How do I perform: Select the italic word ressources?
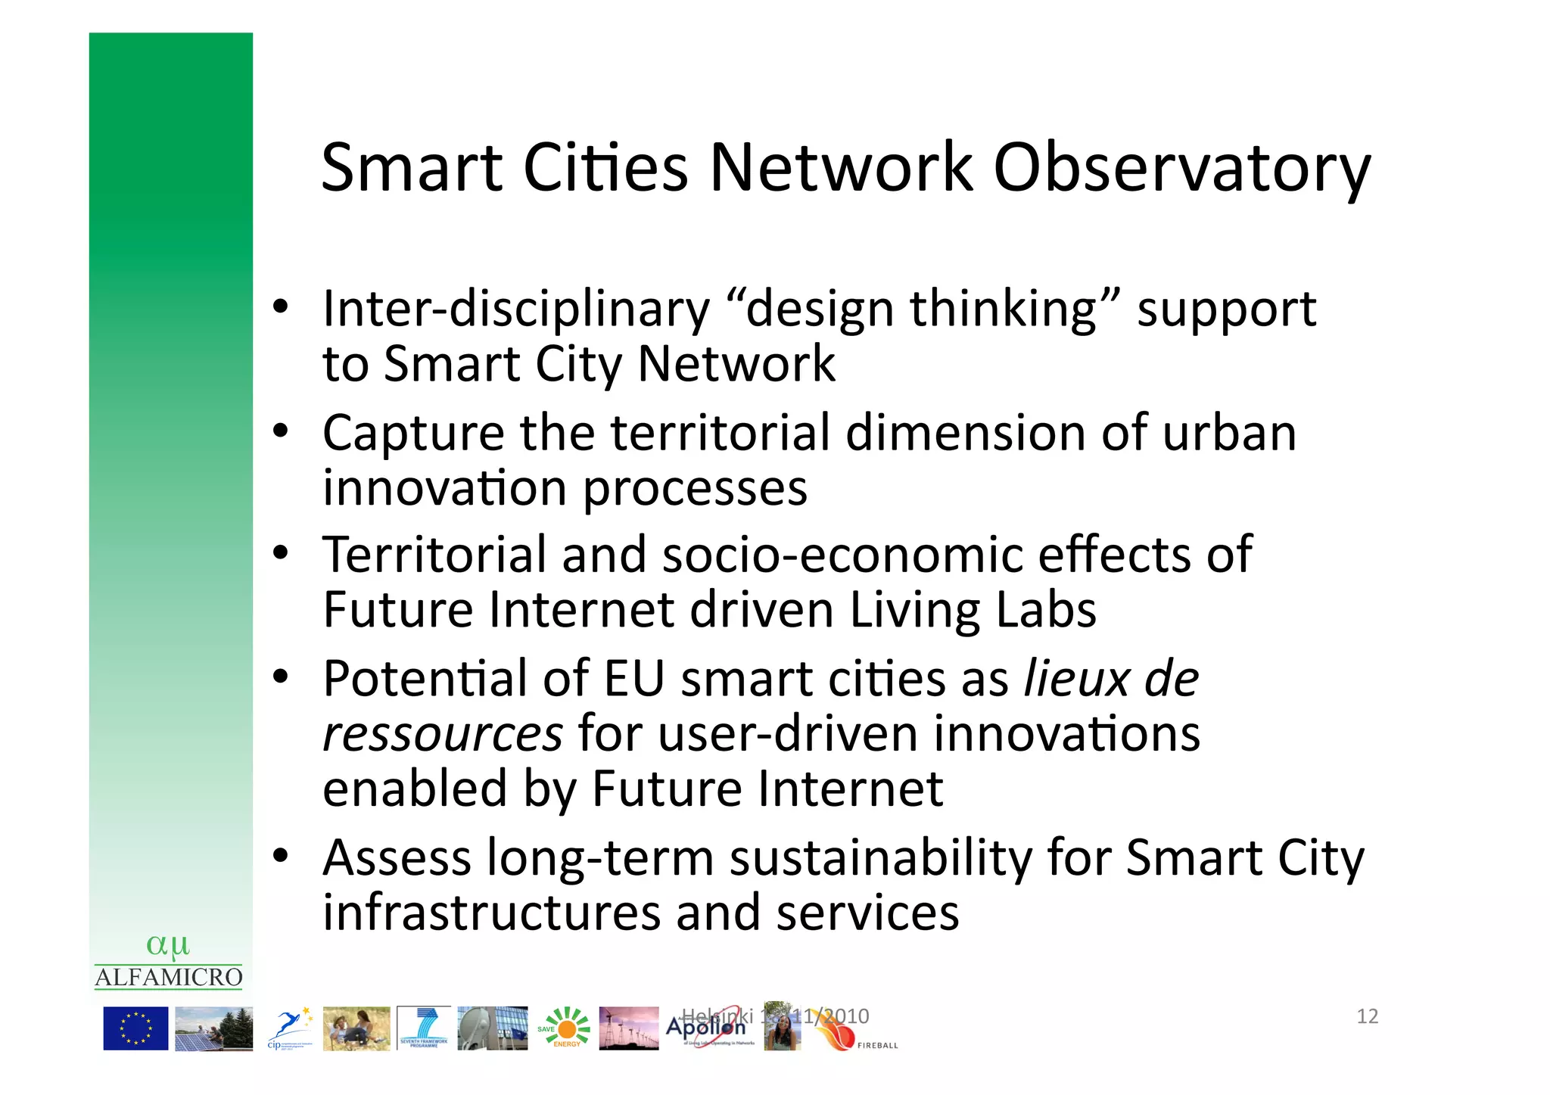coord(443,733)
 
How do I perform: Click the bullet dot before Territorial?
coord(281,552)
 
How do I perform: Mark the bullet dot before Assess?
coord(281,856)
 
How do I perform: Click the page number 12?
coord(1367,1016)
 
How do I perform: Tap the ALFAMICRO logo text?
coord(169,978)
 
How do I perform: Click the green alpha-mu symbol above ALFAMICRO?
coord(168,945)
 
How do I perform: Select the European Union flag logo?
coord(135,1028)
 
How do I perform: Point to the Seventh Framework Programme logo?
coord(423,1028)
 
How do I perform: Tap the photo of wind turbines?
coord(628,1028)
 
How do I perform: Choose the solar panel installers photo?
coord(213,1028)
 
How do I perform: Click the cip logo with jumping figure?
coord(290,1028)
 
